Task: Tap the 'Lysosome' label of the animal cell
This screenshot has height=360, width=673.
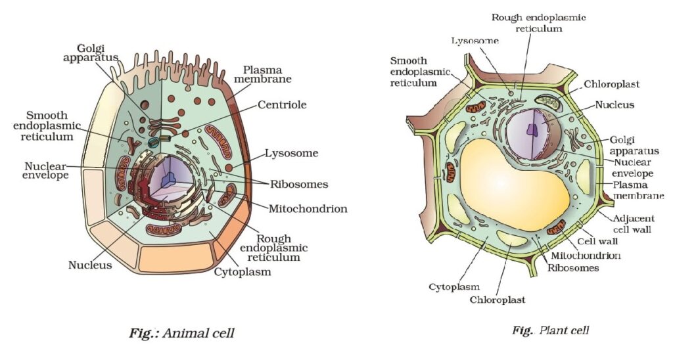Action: click(x=291, y=154)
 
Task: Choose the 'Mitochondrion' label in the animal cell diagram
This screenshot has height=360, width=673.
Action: click(x=308, y=209)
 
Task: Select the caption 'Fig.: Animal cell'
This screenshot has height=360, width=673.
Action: click(x=181, y=333)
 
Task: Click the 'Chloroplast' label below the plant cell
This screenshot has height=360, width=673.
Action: click(x=497, y=300)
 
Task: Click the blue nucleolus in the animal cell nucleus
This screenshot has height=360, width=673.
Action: click(x=170, y=178)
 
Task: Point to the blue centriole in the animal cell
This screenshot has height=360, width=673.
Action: click(x=154, y=141)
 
